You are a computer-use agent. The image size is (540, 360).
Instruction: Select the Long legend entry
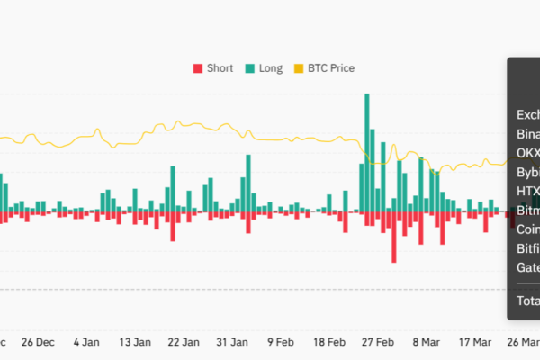pos(270,68)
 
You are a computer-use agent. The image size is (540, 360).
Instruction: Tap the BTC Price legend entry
pos(332,68)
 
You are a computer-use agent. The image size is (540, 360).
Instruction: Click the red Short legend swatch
pos(198,68)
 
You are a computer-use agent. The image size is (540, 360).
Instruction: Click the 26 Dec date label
pos(39,342)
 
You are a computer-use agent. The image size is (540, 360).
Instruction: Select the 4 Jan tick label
pos(87,342)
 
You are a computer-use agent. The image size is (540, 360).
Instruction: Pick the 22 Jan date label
pos(184,342)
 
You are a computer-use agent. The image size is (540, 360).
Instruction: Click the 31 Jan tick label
pos(233,342)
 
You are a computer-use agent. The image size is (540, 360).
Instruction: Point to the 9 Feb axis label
pos(282,342)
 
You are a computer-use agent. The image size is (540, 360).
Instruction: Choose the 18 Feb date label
pos(330,342)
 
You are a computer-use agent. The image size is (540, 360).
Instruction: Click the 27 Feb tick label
pos(379,342)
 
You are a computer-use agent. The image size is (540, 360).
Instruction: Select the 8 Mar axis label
pos(427,342)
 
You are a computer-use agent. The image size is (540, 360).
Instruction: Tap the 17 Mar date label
pos(475,342)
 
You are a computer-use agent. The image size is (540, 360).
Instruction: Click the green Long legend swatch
pos(249,68)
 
